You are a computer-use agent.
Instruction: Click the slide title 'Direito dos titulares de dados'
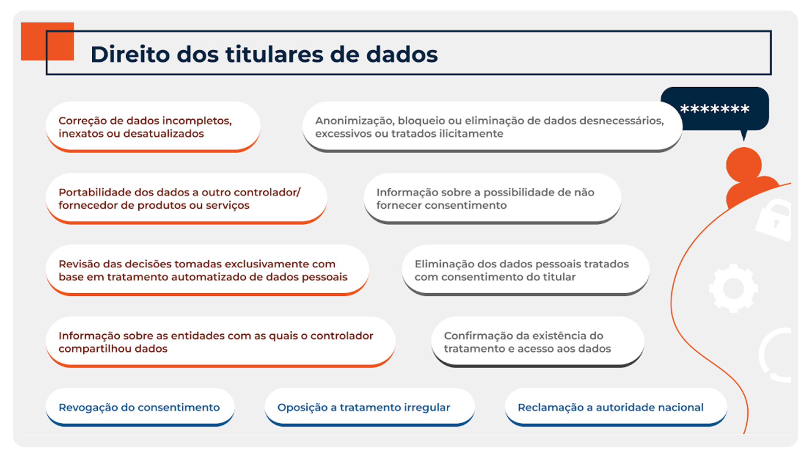(264, 54)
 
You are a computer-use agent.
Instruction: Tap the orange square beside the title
(47, 41)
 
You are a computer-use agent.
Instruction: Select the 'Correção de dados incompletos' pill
(153, 127)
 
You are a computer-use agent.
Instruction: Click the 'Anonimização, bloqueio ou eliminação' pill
(492, 127)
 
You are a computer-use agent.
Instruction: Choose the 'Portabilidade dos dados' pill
(187, 198)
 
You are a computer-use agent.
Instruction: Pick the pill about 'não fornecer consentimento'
(492, 198)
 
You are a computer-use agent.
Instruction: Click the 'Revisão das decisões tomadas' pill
(207, 270)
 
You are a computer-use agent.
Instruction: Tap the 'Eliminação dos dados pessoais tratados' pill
(526, 270)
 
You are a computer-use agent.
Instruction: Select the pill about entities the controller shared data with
(220, 342)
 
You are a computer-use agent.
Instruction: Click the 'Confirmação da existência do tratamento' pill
(538, 342)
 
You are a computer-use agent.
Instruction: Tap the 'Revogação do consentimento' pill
(140, 407)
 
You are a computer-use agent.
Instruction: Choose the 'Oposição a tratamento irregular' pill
(370, 407)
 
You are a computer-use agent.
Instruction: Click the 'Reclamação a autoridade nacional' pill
(616, 407)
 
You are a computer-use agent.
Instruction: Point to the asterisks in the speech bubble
(715, 109)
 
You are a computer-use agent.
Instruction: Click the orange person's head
(743, 165)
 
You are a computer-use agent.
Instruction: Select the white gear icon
(733, 288)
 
